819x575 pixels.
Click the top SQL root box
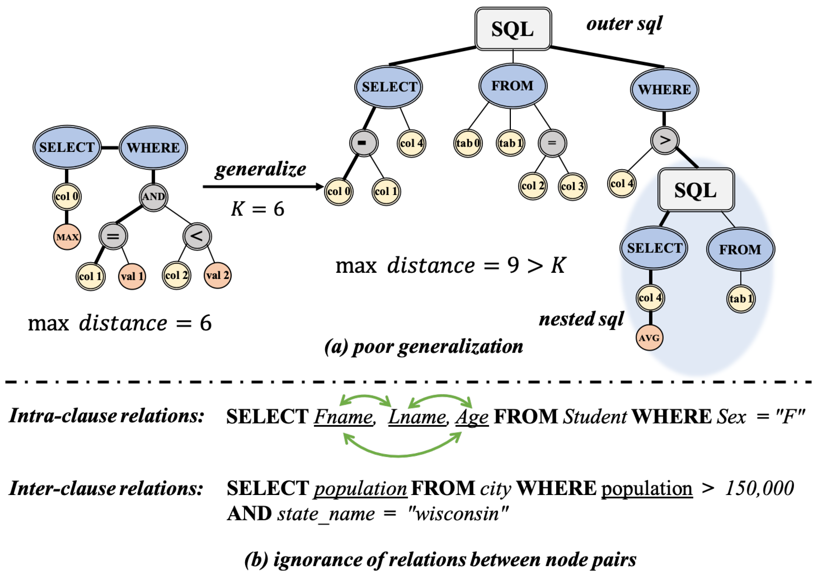click(x=513, y=29)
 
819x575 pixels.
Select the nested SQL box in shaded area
click(x=696, y=190)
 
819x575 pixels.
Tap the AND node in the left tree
click(x=153, y=197)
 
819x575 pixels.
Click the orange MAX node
click(x=67, y=237)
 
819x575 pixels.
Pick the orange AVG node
click(x=649, y=338)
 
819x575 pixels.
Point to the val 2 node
click(x=217, y=275)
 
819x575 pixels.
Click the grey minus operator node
click(x=363, y=143)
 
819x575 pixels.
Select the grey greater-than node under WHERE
click(x=665, y=140)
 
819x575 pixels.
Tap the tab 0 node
click(x=467, y=143)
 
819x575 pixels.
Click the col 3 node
click(x=572, y=187)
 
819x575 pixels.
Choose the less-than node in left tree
click(x=197, y=236)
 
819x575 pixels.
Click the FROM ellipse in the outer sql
click(x=513, y=86)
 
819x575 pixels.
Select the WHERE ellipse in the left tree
click(x=153, y=148)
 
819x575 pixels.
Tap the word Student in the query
click(x=595, y=417)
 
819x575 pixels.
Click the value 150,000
click(x=759, y=488)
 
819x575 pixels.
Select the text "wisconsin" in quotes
click(x=458, y=513)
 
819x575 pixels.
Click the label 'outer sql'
click(x=624, y=24)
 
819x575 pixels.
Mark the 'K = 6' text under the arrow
click(x=258, y=209)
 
